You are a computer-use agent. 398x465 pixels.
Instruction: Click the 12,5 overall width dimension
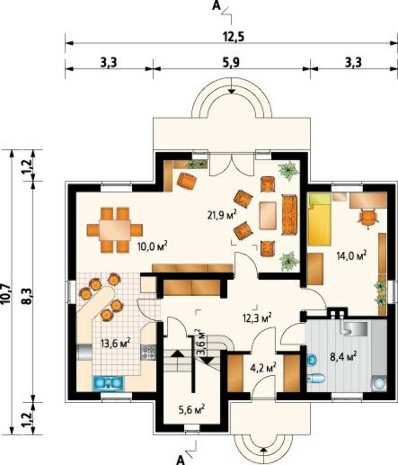tap(233, 37)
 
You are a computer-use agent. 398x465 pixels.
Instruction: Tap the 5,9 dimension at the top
tap(232, 63)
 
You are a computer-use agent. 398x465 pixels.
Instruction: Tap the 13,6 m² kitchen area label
tap(116, 344)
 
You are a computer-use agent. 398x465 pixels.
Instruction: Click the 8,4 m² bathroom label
tap(343, 356)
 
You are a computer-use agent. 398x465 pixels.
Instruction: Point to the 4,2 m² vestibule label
tap(263, 368)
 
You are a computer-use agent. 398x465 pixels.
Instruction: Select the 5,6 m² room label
tap(192, 410)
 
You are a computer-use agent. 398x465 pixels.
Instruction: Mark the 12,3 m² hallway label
tap(257, 318)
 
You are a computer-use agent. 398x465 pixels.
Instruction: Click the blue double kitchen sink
tap(109, 383)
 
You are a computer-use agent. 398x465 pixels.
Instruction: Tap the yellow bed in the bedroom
tap(319, 219)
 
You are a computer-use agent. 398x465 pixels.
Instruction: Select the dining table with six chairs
tap(115, 230)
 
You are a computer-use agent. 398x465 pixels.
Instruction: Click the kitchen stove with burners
tap(148, 352)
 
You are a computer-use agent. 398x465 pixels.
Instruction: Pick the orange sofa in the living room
tap(289, 215)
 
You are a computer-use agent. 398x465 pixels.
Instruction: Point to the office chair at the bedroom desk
tap(368, 219)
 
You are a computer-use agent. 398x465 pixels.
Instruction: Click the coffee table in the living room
tap(268, 215)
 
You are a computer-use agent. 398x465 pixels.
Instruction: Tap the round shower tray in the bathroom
tap(379, 383)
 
